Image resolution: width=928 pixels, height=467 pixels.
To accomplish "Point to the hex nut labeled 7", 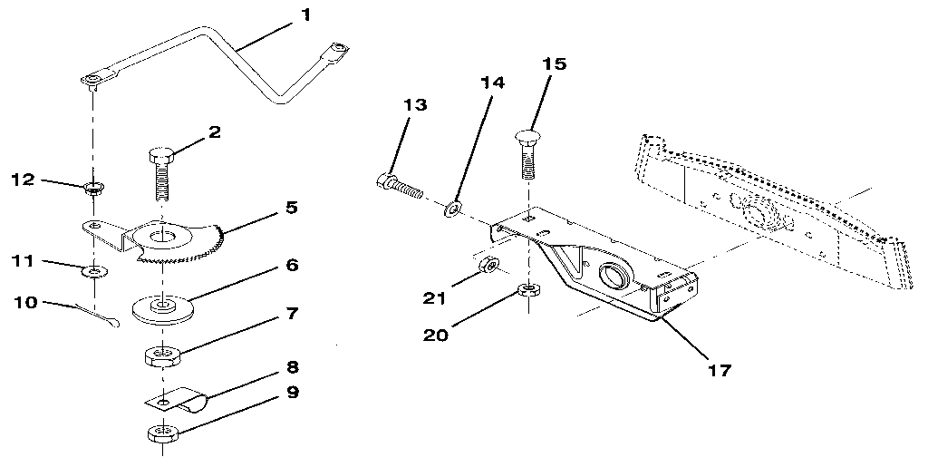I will click(160, 354).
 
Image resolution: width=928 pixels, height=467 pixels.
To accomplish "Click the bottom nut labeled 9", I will click(160, 433).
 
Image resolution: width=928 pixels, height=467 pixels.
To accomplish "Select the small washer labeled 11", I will click(93, 270).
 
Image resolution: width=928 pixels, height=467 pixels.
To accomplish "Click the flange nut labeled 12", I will click(92, 190).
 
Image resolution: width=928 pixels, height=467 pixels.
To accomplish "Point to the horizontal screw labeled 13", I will click(400, 185).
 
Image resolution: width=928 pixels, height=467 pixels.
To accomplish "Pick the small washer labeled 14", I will click(450, 211).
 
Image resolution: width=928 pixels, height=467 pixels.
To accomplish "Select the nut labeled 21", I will click(487, 266).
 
